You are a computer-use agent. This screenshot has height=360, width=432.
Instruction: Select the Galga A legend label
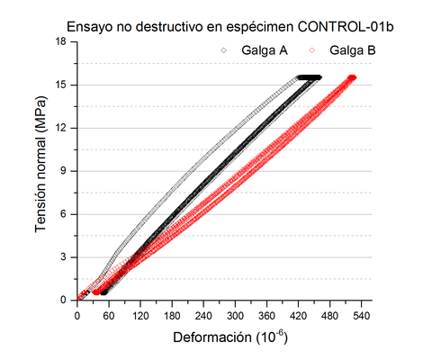[265, 50]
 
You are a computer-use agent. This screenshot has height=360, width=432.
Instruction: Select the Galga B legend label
[352, 50]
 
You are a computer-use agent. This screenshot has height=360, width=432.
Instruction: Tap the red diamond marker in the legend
[313, 51]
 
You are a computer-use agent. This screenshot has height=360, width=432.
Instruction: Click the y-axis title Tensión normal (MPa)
[42, 170]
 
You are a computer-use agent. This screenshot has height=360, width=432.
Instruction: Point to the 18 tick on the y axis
[62, 41]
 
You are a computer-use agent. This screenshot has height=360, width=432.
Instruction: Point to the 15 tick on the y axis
[62, 85]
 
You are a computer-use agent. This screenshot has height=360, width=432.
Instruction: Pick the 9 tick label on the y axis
[65, 170]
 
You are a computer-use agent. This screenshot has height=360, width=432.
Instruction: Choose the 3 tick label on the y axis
[65, 256]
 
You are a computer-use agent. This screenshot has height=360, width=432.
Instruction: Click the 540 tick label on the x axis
[362, 316]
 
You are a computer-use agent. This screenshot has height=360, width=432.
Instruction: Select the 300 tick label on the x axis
[235, 316]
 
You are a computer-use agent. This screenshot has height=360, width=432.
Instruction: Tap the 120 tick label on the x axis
[140, 316]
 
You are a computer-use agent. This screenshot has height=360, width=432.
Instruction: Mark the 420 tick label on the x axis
[299, 316]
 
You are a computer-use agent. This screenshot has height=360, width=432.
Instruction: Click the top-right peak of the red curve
[352, 77]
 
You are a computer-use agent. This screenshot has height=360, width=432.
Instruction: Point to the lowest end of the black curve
[103, 292]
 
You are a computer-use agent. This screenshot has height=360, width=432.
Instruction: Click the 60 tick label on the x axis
[109, 316]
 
